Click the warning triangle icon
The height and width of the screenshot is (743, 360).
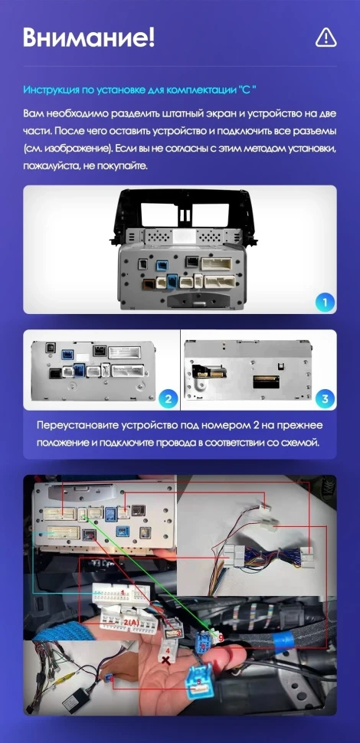(326, 37)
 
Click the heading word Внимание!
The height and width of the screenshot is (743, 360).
(88, 37)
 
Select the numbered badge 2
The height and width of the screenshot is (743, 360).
(167, 398)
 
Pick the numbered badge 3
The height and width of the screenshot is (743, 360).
(325, 398)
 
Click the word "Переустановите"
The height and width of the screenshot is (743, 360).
(82, 426)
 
